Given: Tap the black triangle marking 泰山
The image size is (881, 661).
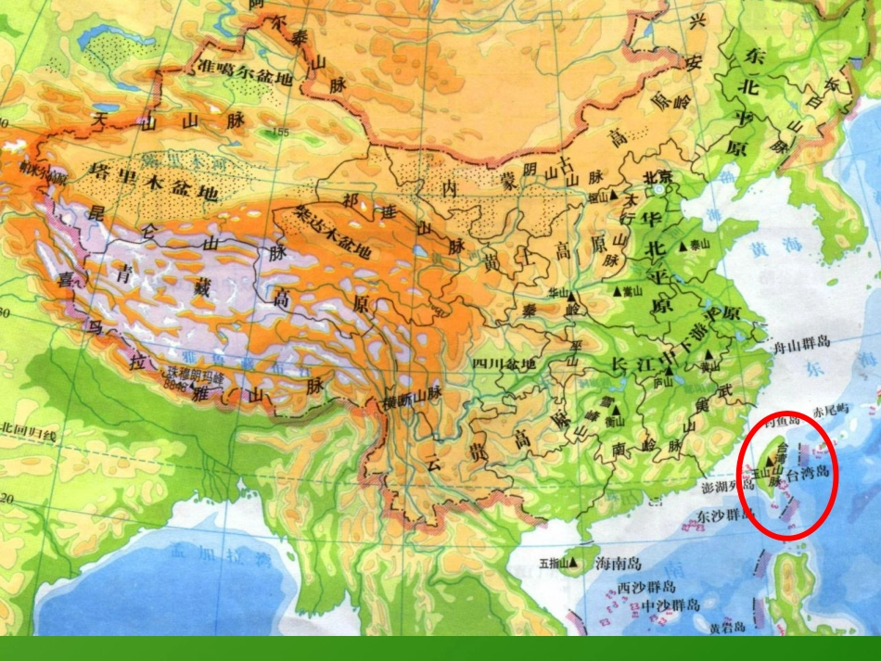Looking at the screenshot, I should (683, 245).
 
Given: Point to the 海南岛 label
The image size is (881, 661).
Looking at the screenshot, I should (618, 563).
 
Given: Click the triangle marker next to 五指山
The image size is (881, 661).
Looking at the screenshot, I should (575, 562).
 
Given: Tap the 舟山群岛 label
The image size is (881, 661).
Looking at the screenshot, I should (801, 342).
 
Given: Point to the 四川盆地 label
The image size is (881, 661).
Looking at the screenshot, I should (504, 364).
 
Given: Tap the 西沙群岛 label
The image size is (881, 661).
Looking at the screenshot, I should (646, 588).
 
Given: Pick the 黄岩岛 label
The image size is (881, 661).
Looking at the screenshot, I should (727, 628).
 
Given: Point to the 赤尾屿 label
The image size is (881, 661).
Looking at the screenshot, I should (831, 409).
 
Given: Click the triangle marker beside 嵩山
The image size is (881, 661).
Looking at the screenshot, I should (617, 290).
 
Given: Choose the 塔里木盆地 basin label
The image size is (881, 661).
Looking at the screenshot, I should (154, 182).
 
